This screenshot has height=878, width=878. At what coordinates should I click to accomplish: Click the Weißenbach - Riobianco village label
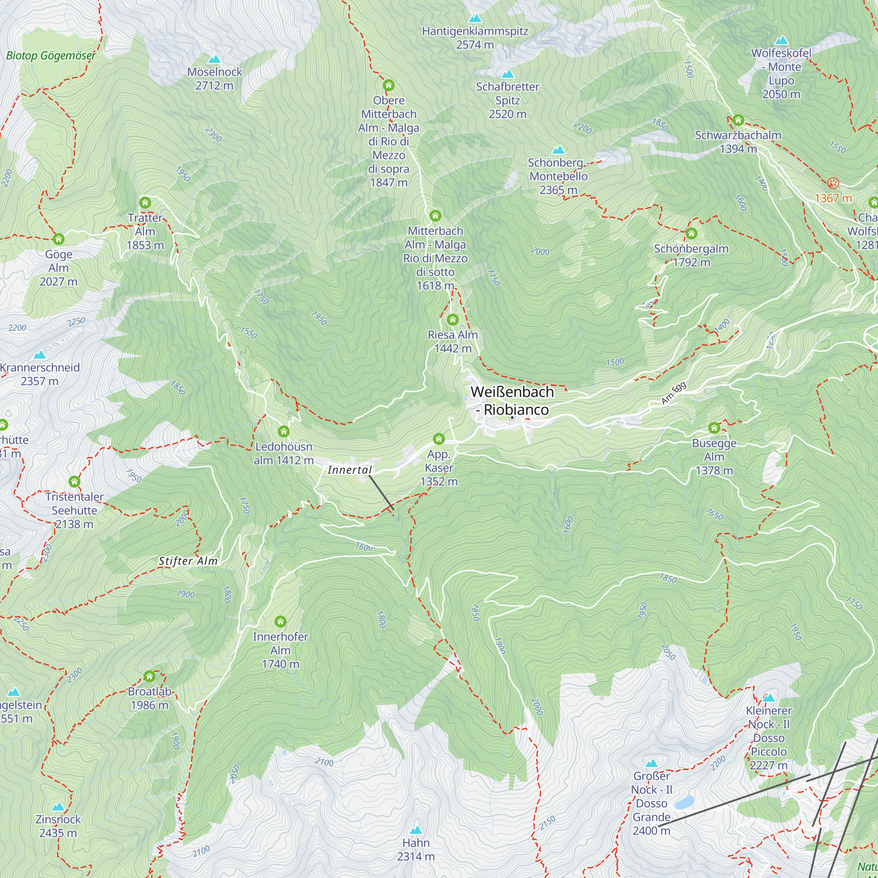coord(512,400)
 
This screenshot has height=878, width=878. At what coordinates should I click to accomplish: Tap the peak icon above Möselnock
coord(214,59)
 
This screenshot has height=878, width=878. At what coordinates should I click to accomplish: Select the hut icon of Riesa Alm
coord(453,320)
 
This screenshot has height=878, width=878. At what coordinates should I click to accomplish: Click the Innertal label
coord(349,470)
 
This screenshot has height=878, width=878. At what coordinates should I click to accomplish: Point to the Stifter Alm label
coord(188,561)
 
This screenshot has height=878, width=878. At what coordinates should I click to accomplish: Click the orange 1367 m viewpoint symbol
coord(833,183)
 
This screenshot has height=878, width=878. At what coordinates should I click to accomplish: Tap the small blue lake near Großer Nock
coord(684,802)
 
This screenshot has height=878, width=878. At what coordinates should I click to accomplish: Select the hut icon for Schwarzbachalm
coord(738,120)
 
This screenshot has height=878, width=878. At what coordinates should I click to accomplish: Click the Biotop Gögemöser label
coord(51,56)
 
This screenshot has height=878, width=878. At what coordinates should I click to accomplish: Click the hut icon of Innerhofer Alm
coord(281,621)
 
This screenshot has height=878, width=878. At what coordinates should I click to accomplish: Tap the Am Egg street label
coord(673,393)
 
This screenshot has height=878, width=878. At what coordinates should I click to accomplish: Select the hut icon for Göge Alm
coord(59,239)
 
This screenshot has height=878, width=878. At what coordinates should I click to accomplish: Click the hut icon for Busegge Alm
coord(714,428)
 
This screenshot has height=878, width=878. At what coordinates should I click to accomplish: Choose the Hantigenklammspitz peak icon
coord(475,18)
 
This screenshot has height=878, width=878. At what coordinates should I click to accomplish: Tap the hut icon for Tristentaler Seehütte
coord(75,481)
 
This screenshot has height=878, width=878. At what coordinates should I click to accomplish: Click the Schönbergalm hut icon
coord(691,234)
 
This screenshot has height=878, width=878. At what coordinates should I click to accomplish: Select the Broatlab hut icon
coord(150,676)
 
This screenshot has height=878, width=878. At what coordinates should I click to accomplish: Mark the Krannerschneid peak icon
coord(40,354)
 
